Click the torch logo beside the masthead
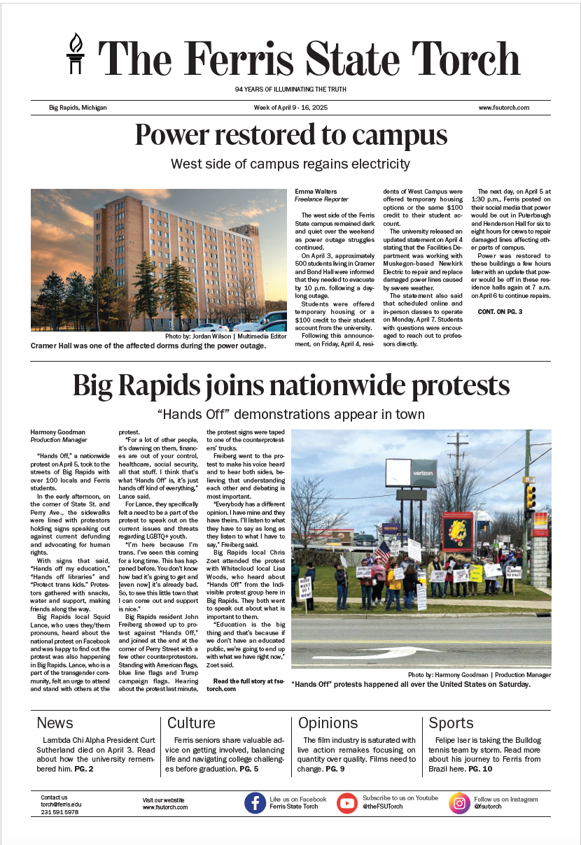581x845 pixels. [x=75, y=54]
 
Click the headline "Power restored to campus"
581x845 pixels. [x=290, y=135]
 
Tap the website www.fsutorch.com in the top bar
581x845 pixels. [x=503, y=108]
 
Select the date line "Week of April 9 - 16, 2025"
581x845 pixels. [x=290, y=108]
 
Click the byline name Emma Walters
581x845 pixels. [x=315, y=191]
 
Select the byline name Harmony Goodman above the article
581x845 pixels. [x=59, y=432]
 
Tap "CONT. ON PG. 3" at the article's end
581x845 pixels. [x=500, y=311]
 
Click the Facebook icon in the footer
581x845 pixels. [x=255, y=803]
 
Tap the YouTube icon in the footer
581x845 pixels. [x=347, y=803]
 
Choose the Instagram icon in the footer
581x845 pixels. [x=459, y=803]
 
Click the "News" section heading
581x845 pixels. [x=55, y=723]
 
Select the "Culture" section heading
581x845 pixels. [x=191, y=723]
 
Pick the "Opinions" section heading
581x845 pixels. [x=328, y=723]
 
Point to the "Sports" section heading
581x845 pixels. [x=451, y=723]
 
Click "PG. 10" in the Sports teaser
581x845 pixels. [x=480, y=769]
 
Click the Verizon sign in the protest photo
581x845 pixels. [x=423, y=473]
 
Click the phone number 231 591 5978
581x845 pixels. [x=59, y=812]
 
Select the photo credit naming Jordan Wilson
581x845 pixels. [x=225, y=336]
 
